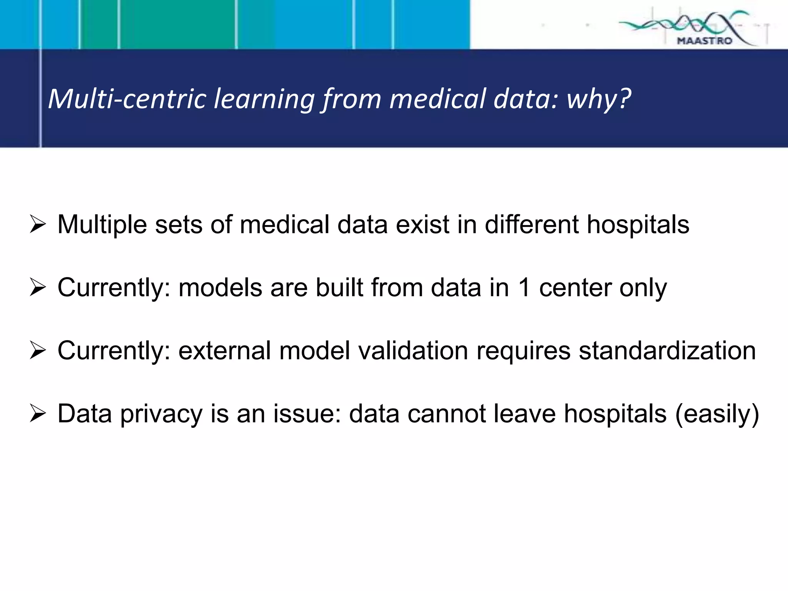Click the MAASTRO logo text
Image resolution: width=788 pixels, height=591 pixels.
(x=704, y=40)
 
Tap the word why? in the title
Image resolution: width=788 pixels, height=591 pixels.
(x=599, y=99)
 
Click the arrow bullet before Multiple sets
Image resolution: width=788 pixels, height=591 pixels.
(x=38, y=225)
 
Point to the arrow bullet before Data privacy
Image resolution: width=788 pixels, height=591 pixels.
(x=38, y=414)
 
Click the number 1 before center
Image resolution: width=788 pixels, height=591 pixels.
(x=524, y=288)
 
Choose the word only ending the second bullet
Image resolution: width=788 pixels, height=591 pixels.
(x=643, y=288)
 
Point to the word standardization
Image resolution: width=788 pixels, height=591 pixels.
(x=667, y=351)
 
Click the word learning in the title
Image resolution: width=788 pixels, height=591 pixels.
(x=264, y=99)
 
